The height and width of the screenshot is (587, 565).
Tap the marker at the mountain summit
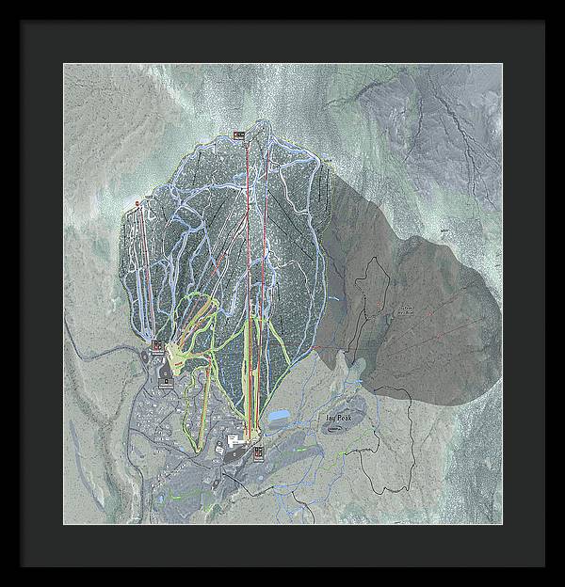point(239,135)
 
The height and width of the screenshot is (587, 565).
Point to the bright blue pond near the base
point(280,415)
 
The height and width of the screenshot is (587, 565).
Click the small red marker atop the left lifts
point(137,202)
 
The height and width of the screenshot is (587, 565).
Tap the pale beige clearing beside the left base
point(176,356)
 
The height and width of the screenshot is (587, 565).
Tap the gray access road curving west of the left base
point(113,350)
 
